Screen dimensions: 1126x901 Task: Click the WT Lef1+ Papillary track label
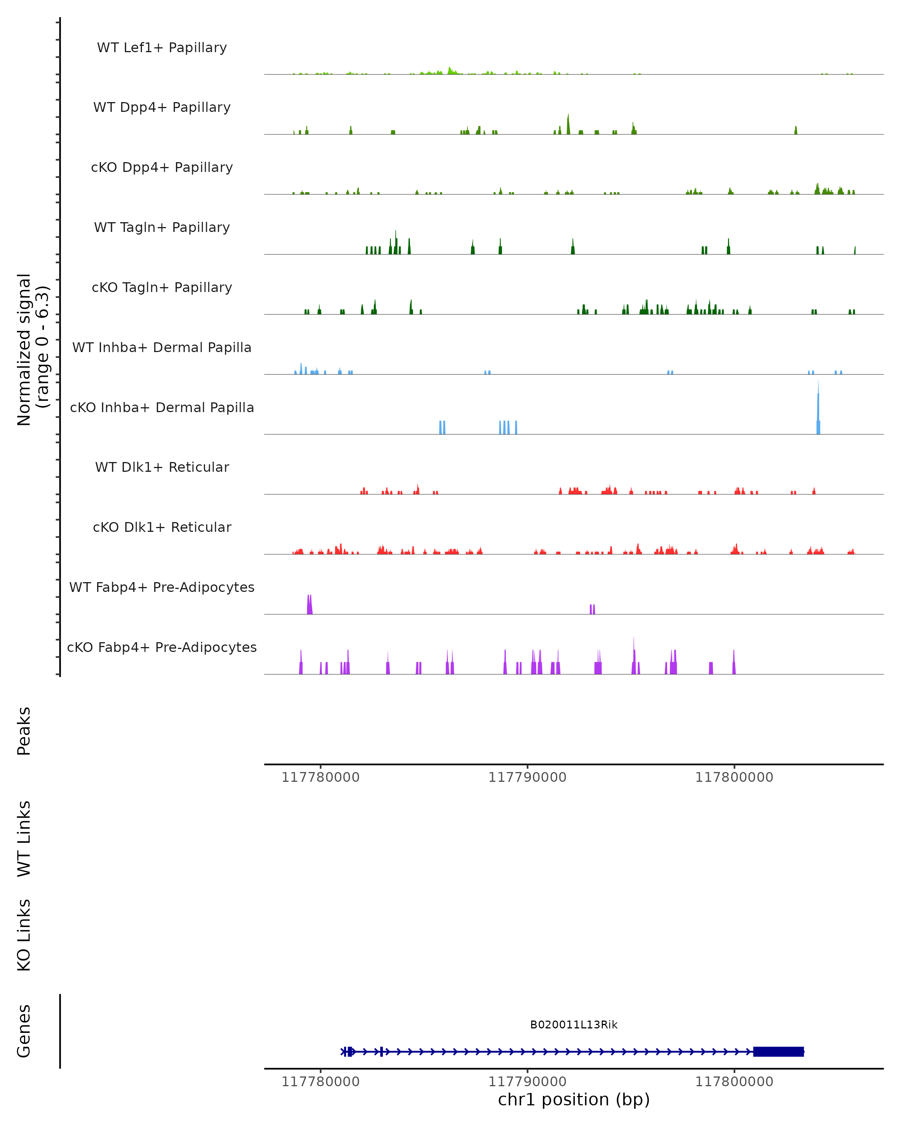point(162,48)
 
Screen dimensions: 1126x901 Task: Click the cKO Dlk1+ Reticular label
point(162,527)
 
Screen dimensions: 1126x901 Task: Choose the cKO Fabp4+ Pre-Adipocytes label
point(162,647)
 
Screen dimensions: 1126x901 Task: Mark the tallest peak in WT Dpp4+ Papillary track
point(568,125)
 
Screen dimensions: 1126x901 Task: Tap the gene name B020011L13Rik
point(574,1025)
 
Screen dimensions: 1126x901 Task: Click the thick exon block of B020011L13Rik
point(778,1051)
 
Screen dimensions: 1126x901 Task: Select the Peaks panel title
point(24,731)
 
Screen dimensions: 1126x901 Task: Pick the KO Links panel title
point(24,935)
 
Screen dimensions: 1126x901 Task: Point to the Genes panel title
point(24,1031)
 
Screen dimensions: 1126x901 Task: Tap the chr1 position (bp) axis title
point(574,1099)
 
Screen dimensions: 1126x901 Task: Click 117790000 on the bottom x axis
point(527,1081)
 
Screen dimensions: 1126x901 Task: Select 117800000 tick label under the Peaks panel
point(734,777)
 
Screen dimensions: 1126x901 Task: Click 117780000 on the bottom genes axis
point(320,1081)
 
